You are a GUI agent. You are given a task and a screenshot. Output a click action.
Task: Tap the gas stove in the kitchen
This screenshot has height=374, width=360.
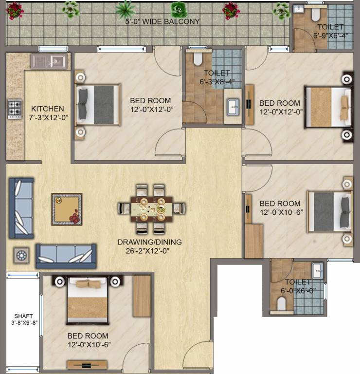(14, 110)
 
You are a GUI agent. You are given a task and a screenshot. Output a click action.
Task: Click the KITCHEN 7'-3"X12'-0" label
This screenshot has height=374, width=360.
(47, 113)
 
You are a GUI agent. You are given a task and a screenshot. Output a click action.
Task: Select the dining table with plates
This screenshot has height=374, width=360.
(151, 208)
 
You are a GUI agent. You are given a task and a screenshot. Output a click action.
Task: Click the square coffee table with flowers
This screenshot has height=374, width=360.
(67, 209)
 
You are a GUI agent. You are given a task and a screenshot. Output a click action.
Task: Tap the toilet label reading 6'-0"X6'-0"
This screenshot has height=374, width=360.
(298, 286)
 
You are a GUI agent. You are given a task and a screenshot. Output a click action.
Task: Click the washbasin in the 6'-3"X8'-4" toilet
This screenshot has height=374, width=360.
(234, 107)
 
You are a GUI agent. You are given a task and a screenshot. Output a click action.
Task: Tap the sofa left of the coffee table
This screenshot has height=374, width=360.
(21, 208)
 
